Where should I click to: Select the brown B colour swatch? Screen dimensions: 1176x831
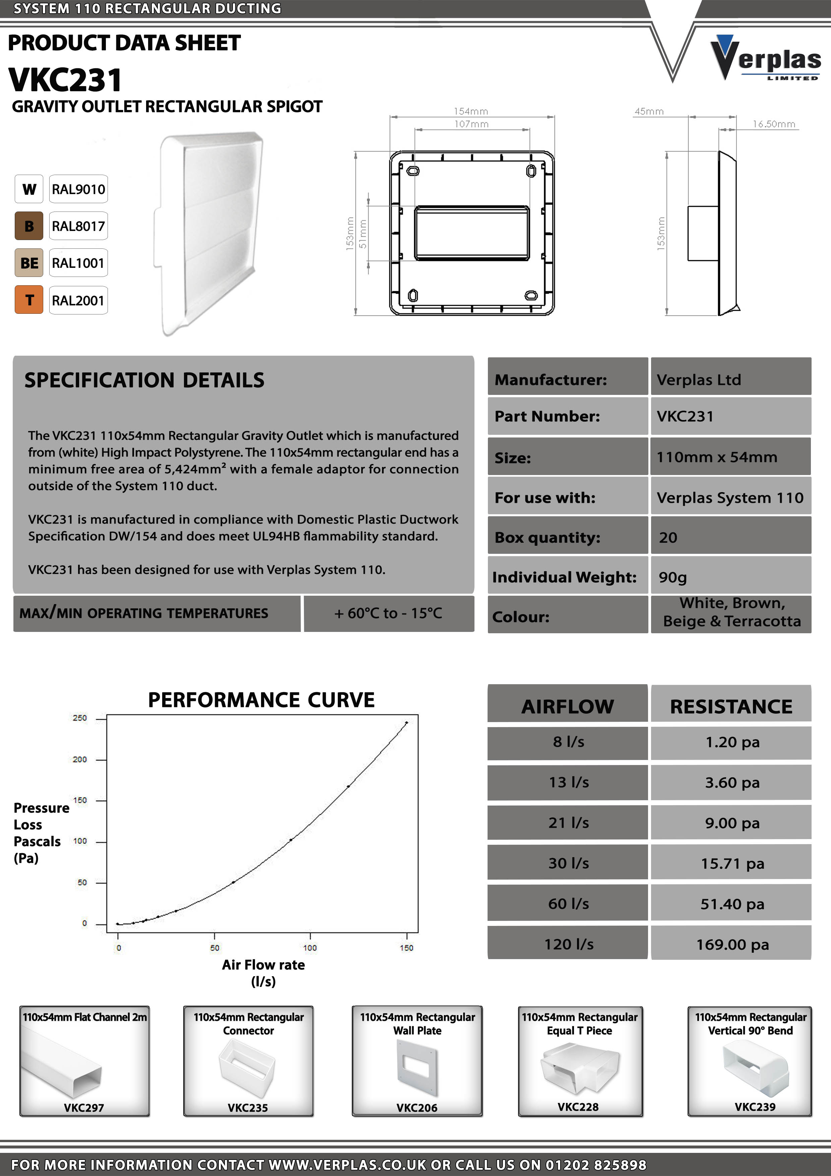[29, 226]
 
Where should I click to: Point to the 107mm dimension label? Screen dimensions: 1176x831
[471, 124]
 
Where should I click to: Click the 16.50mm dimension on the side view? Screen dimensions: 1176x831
[773, 124]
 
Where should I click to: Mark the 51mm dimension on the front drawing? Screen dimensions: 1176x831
[363, 234]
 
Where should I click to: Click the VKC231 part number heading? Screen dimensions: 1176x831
[66, 80]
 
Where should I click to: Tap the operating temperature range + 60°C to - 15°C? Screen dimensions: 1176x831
[388, 613]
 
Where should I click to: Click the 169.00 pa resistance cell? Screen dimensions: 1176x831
[732, 944]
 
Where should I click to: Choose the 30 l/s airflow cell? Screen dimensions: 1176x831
[568, 863]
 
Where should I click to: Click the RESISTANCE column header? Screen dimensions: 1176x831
[731, 706]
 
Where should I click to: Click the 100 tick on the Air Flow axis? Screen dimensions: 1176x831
[310, 948]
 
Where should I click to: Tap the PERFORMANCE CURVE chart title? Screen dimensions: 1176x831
[261, 700]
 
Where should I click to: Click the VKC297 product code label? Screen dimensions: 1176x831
[84, 1107]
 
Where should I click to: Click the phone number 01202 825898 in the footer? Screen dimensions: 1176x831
[595, 1165]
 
